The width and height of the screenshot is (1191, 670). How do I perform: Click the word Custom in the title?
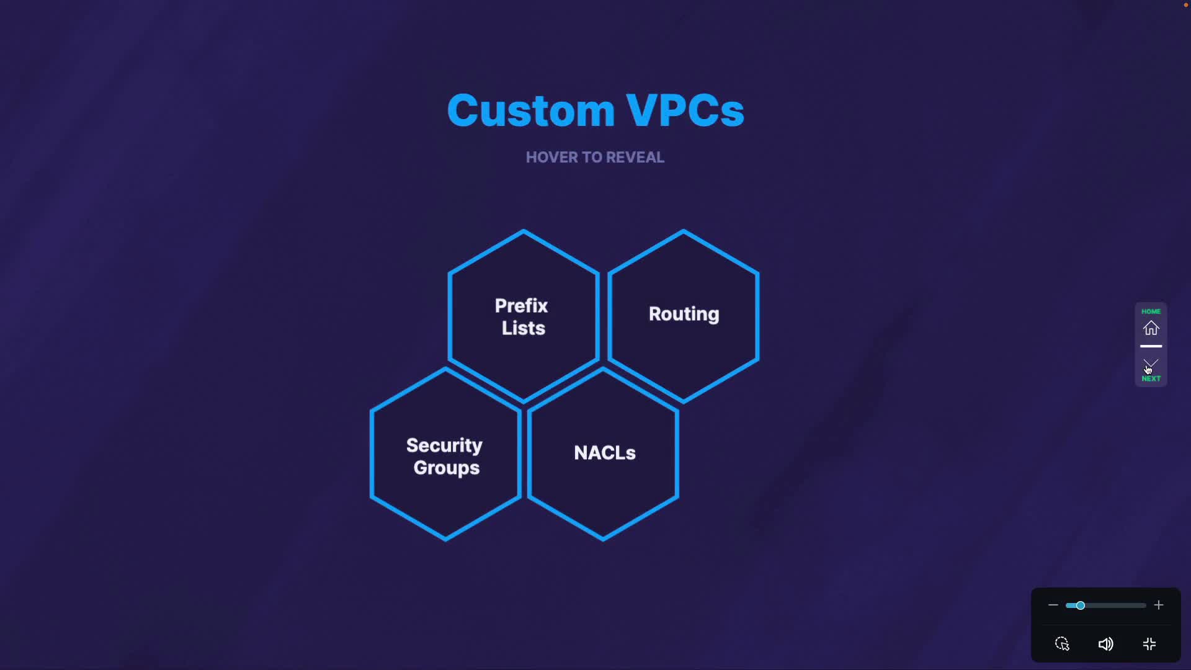point(530,110)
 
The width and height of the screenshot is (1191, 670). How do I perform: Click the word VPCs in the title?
point(684,110)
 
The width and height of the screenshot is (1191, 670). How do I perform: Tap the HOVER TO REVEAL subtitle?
point(595,158)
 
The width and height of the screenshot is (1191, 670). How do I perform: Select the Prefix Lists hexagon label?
point(522,316)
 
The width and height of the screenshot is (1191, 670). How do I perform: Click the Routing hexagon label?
point(684,314)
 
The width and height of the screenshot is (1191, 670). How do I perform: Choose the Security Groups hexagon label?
point(445,456)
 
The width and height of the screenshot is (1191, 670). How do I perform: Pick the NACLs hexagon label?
point(604,453)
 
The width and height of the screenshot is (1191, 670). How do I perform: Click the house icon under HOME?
point(1151,328)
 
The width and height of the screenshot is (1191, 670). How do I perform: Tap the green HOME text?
point(1151,311)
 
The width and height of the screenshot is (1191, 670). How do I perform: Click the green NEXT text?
point(1151,378)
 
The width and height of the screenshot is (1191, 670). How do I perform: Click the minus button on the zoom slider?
point(1053,605)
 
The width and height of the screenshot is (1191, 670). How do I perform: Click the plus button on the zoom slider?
point(1158,605)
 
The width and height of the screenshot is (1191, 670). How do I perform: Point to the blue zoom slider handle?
point(1080,605)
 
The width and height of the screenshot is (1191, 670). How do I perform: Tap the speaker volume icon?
point(1105,644)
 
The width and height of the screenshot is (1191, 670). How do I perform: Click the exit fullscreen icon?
point(1149,644)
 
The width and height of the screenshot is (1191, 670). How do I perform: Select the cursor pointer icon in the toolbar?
point(1062,644)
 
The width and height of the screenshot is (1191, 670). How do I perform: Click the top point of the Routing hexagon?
point(684,231)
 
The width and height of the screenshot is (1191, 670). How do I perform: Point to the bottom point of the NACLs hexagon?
point(603,539)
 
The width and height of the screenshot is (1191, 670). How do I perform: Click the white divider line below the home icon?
point(1151,346)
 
